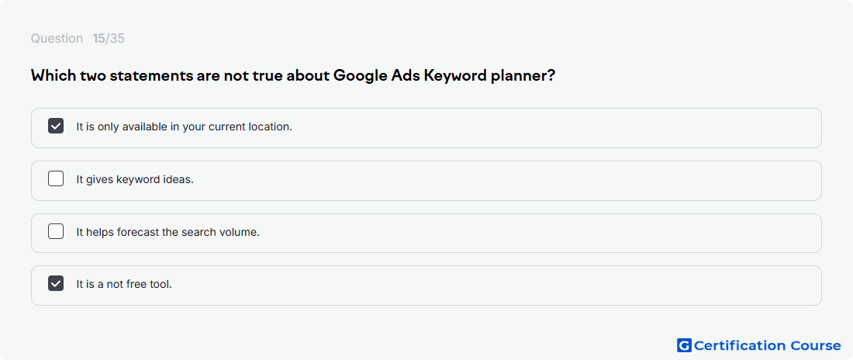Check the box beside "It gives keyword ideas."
[x=56, y=178]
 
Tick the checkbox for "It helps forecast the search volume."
[x=56, y=231]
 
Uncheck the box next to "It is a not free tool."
[x=56, y=284]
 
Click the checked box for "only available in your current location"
[x=56, y=126]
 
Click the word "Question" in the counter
[x=57, y=39]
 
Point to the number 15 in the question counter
[x=99, y=39]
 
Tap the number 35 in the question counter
[x=117, y=39]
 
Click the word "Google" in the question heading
[x=360, y=76]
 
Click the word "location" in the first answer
[x=271, y=127]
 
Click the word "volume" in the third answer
[x=241, y=232]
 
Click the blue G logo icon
[x=685, y=345]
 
